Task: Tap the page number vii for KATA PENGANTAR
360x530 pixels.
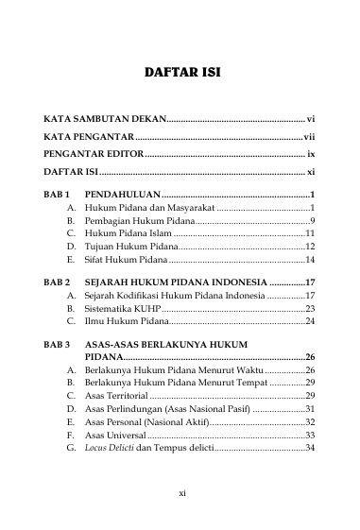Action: [x=309, y=138]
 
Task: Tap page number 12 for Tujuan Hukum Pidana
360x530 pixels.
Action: [x=309, y=246]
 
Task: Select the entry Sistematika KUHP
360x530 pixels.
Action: [x=123, y=309]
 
